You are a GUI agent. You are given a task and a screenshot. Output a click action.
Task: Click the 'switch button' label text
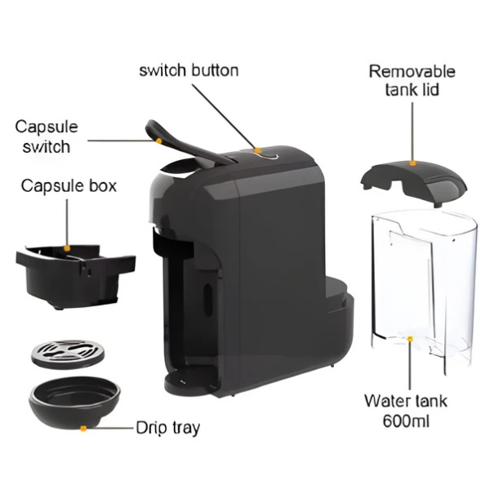tap(189, 70)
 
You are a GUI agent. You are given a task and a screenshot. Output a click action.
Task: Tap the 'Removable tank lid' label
tap(412, 80)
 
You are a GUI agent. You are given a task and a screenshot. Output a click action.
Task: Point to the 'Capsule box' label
tap(69, 186)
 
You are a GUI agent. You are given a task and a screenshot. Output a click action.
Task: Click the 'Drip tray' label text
tap(168, 427)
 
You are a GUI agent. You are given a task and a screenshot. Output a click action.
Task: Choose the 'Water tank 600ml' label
tap(407, 412)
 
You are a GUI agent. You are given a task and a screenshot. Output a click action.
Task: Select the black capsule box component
tap(74, 274)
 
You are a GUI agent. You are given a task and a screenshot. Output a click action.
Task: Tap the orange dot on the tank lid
tap(412, 163)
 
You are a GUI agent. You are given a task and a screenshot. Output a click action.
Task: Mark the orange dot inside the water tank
tap(409, 337)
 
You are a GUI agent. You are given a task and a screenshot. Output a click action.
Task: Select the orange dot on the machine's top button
tap(257, 150)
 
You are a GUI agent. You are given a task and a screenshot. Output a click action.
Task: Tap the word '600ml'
tap(407, 421)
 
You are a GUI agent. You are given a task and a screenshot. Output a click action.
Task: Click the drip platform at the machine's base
tap(189, 381)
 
